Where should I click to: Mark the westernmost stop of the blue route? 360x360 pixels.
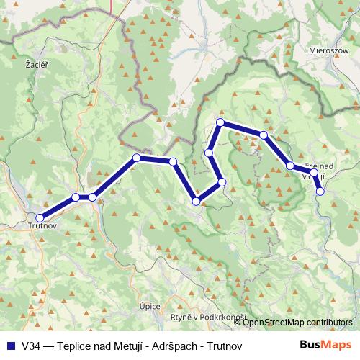[x=40, y=217]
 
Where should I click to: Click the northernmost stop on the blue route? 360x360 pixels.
[x=220, y=123]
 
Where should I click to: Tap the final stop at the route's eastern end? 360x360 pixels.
[x=320, y=191]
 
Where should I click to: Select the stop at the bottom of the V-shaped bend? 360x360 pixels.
[x=196, y=201]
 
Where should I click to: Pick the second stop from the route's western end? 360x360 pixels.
[x=76, y=197]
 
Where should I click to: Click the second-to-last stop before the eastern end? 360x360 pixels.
[x=314, y=173]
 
